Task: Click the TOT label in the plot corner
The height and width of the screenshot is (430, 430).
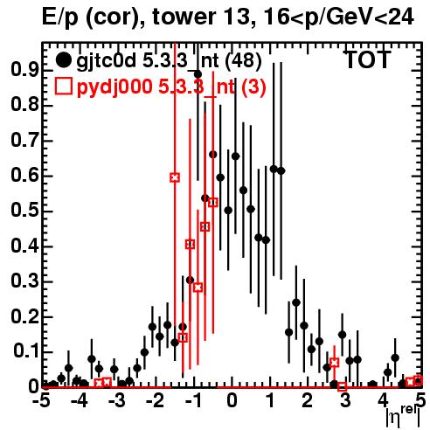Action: [x=368, y=59]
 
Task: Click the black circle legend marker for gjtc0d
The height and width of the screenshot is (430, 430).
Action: [x=63, y=60]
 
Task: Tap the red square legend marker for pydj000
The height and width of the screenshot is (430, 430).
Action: [x=64, y=87]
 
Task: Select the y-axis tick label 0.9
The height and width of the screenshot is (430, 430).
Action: [x=24, y=70]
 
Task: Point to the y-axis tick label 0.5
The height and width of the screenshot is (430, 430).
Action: [x=24, y=211]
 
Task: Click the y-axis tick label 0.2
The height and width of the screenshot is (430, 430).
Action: [x=24, y=316]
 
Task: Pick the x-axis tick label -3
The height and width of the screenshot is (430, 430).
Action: [x=117, y=401]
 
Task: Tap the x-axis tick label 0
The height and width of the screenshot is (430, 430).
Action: [x=232, y=401]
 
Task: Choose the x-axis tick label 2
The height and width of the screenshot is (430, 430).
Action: [x=307, y=401]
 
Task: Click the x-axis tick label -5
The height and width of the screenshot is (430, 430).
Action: [x=41, y=401]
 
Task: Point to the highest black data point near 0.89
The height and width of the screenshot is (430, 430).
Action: [x=198, y=74]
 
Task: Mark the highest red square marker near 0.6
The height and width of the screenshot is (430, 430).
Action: [x=175, y=177]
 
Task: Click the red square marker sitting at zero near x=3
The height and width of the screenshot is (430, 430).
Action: [x=343, y=387]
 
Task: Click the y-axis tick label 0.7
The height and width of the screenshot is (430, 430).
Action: [x=24, y=141]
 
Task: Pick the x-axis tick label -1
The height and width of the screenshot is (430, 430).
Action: [x=193, y=401]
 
